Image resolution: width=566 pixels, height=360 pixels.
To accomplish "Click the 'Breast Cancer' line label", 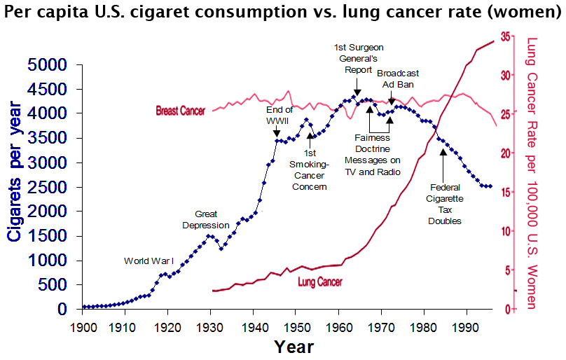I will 180,111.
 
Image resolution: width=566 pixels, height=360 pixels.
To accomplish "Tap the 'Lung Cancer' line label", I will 320,282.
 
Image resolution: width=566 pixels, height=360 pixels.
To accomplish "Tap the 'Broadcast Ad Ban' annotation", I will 397,78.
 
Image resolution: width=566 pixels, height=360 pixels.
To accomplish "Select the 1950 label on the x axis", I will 296,326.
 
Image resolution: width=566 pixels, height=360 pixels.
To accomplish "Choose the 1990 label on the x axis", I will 465,326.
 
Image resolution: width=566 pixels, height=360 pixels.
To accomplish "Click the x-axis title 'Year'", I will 294,346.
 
